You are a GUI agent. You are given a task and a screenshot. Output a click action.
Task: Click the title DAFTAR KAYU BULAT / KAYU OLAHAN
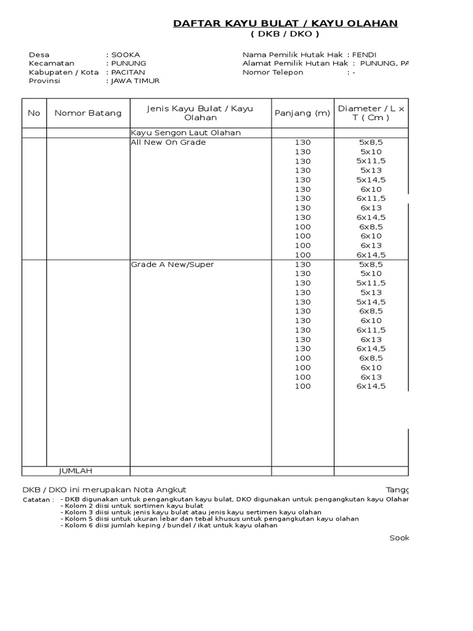285,23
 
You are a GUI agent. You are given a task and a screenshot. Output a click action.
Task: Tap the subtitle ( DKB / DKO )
285,35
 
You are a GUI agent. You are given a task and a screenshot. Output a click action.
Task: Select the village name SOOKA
125,55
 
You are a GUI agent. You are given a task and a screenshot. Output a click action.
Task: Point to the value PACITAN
127,72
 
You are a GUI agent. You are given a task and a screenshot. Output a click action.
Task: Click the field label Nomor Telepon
273,72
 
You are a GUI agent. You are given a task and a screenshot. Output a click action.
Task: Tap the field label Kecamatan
51,63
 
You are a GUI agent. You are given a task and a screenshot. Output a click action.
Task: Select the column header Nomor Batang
88,113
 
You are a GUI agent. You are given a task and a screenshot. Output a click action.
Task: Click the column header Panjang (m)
302,113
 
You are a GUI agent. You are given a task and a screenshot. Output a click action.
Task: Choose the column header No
34,113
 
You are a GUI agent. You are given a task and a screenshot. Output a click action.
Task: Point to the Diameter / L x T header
371,113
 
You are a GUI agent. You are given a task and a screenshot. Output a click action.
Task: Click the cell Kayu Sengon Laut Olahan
185,132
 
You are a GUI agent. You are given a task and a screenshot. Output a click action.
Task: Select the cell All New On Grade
168,142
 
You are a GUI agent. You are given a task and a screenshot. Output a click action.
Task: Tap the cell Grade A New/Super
172,264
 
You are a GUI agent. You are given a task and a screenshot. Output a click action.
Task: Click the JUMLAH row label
75,471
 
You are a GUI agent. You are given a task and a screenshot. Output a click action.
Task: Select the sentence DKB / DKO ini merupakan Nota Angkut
104,489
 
